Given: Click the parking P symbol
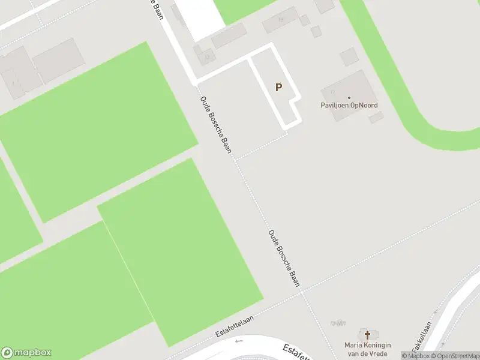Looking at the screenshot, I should click(x=278, y=87).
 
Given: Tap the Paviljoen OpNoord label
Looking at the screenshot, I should click(x=349, y=106).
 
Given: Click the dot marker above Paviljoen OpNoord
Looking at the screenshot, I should click(x=349, y=97).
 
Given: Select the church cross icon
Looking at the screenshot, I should click(x=368, y=334).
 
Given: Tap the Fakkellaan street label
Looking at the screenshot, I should click(x=422, y=337).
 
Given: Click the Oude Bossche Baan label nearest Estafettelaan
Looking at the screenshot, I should click(x=284, y=258).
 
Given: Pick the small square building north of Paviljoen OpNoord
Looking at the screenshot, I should click(x=349, y=57).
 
